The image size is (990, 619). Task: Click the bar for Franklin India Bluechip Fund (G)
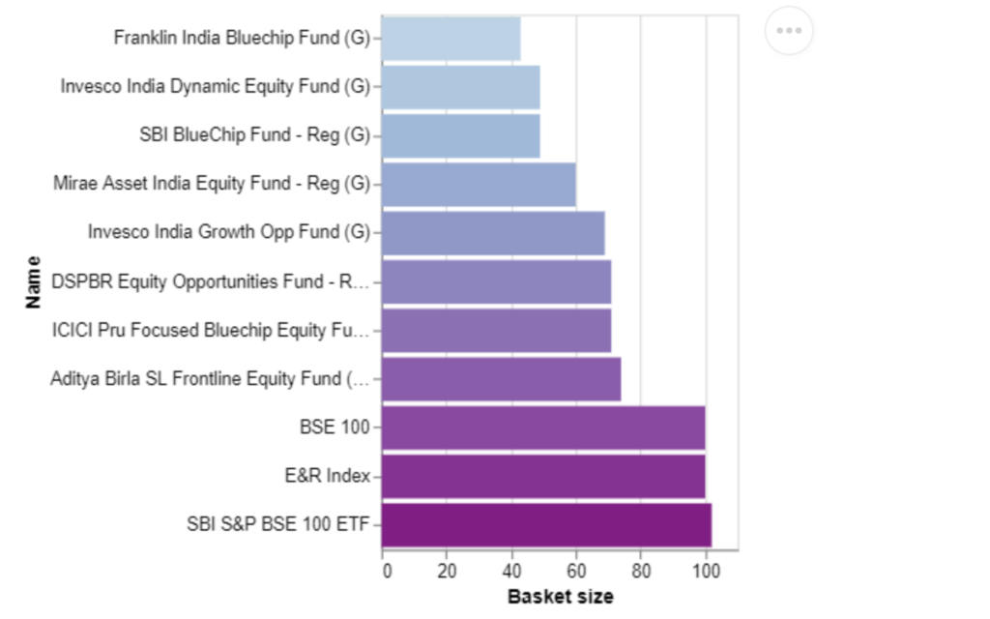click(x=451, y=39)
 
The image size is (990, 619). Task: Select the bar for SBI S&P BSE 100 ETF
click(x=547, y=525)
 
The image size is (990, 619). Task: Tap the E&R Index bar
click(x=543, y=476)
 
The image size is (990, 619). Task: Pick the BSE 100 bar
click(x=543, y=427)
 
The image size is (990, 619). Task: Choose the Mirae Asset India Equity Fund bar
click(x=479, y=185)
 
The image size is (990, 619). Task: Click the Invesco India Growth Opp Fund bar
click(x=493, y=233)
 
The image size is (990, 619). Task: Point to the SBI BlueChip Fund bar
click(x=461, y=135)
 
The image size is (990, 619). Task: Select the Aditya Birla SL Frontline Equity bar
click(x=502, y=379)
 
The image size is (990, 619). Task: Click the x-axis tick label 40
click(x=511, y=571)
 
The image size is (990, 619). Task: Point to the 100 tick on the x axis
click(x=706, y=571)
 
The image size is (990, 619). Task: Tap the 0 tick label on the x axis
click(x=387, y=571)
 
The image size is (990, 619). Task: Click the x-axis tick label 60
click(x=576, y=571)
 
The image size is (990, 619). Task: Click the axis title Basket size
click(x=561, y=596)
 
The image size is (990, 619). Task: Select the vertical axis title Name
click(x=33, y=282)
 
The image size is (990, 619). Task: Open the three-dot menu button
click(x=789, y=30)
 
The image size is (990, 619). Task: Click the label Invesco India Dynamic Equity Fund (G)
click(x=216, y=86)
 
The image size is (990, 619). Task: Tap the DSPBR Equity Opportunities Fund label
click(x=210, y=281)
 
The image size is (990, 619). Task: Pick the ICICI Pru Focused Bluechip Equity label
click(x=210, y=331)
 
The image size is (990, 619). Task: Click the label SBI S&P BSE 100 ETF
click(x=277, y=524)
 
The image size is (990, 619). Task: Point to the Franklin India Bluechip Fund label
click(x=242, y=38)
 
